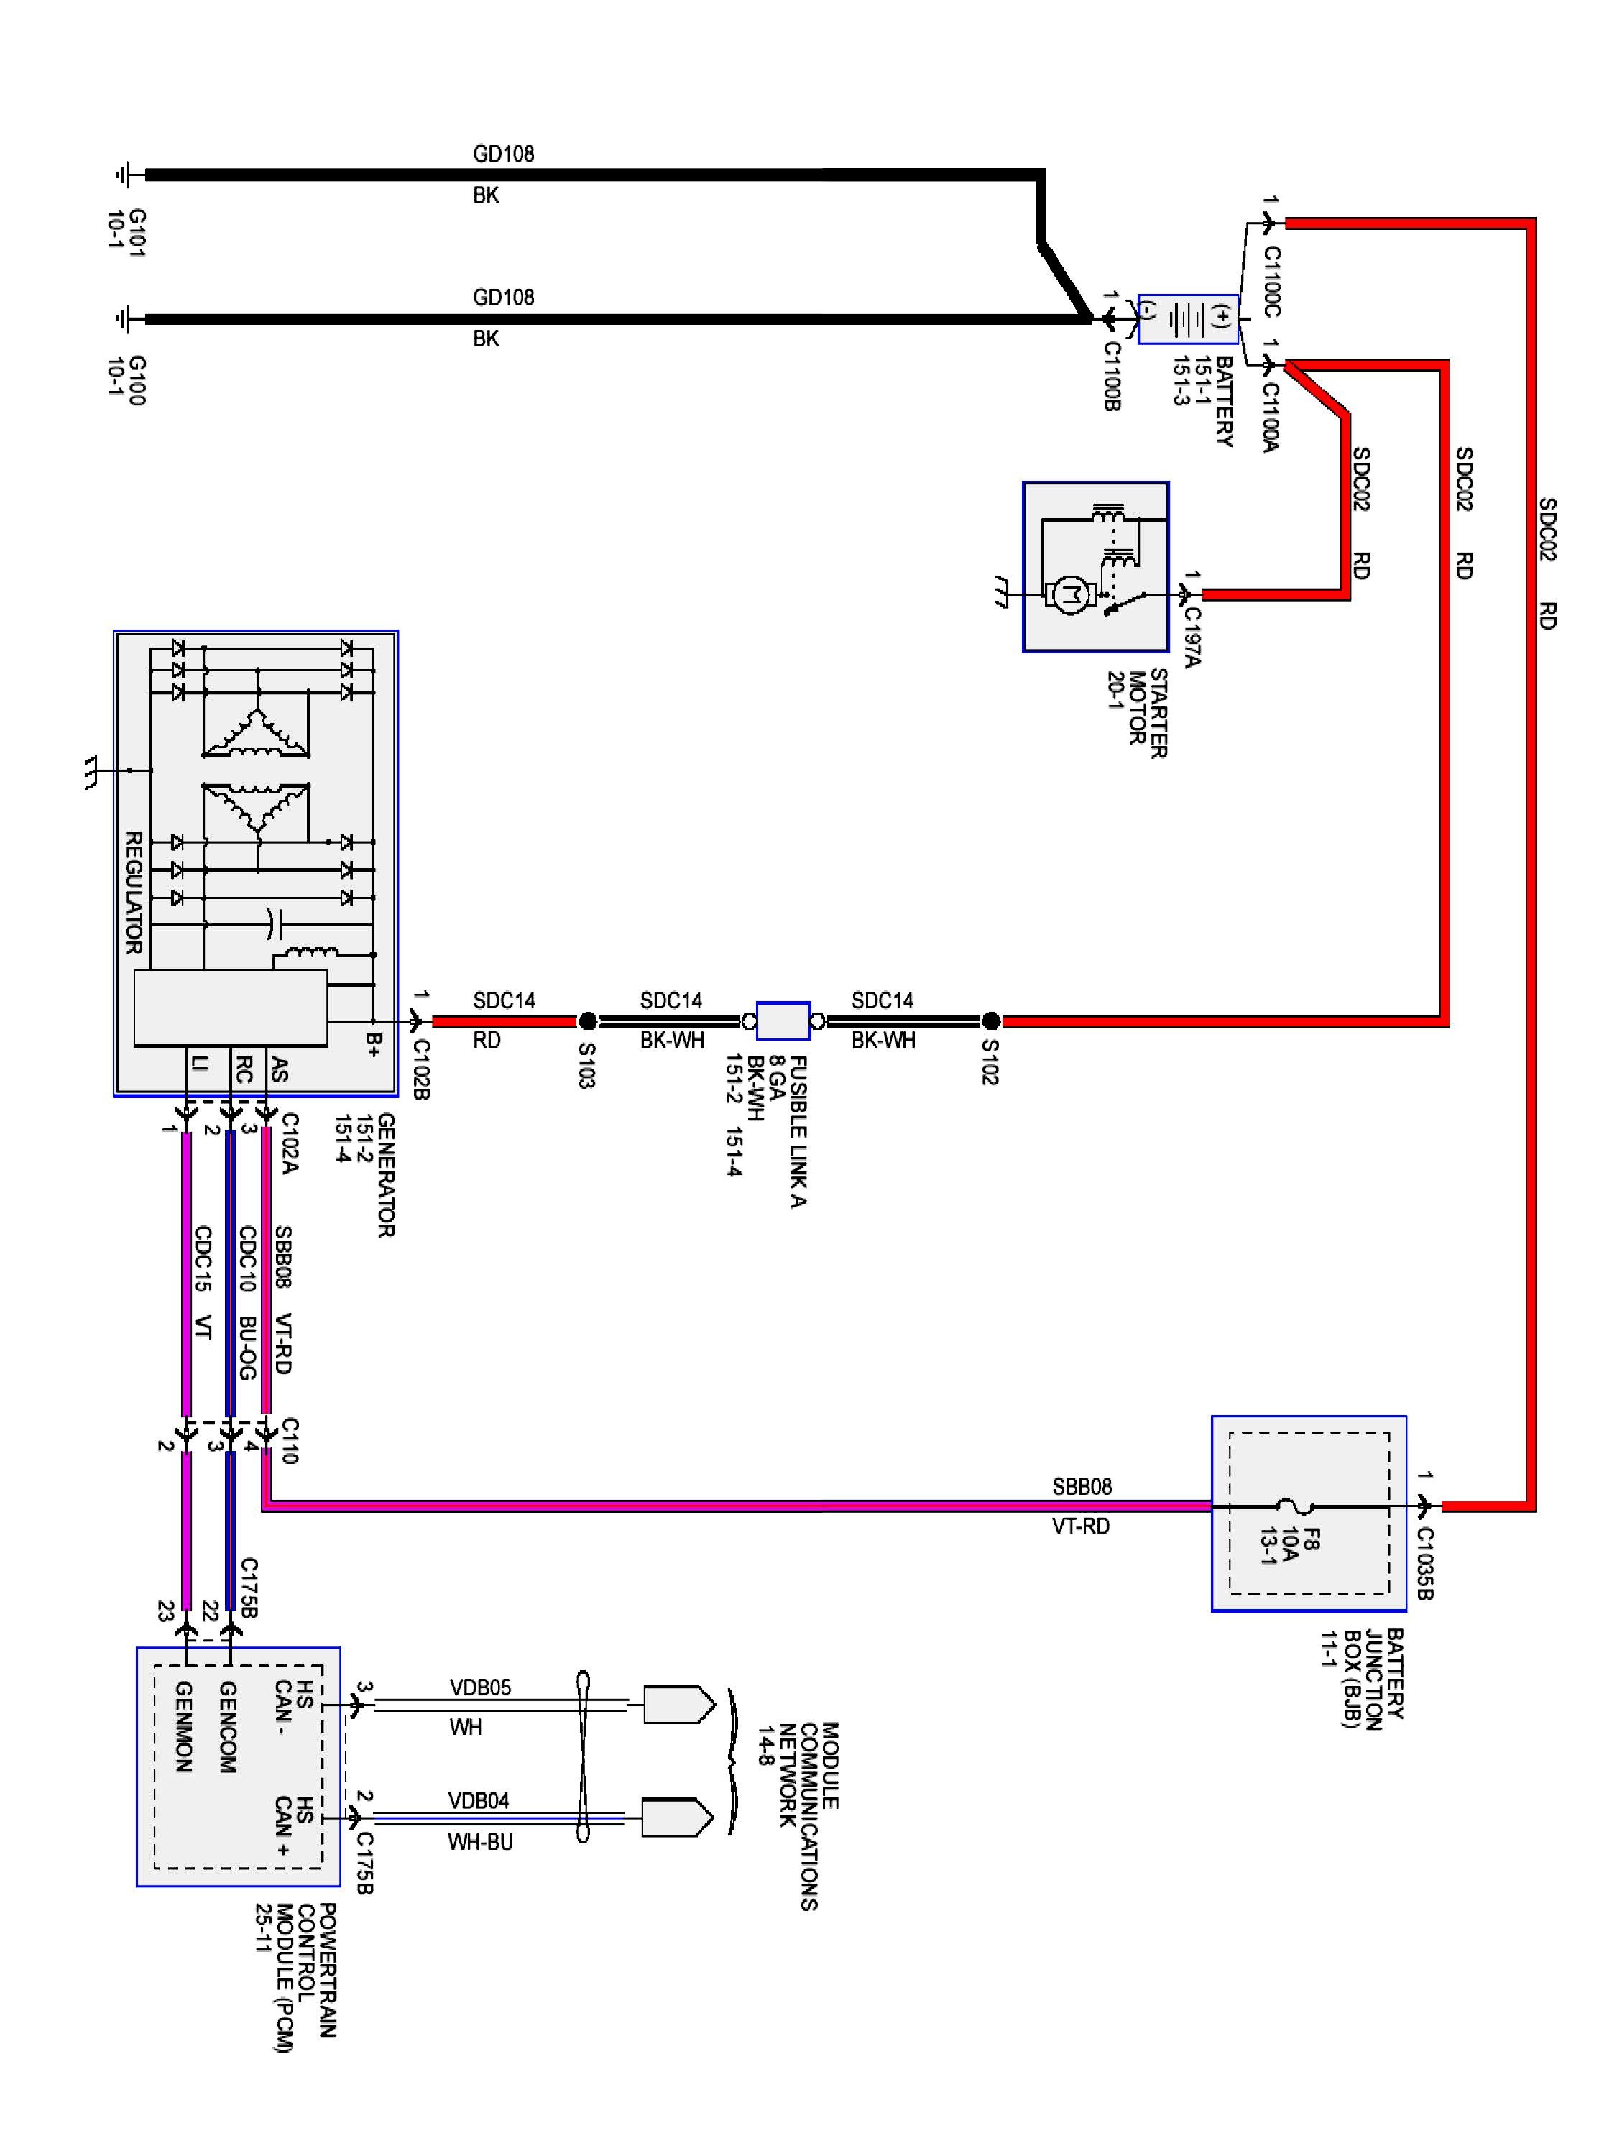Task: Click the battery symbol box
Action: pyautogui.click(x=1188, y=318)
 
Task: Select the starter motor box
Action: pyautogui.click(x=1095, y=566)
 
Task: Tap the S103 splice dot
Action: pyautogui.click(x=588, y=1021)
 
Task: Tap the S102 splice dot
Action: pyautogui.click(x=990, y=1021)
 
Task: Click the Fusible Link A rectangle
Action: pyautogui.click(x=783, y=1021)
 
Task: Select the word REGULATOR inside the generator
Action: pyautogui.click(x=134, y=893)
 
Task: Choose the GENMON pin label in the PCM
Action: pyautogui.click(x=183, y=1726)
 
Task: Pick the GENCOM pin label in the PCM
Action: pyautogui.click(x=227, y=1726)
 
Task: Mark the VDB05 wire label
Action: pyautogui.click(x=479, y=1687)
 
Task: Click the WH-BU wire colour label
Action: pyautogui.click(x=479, y=1842)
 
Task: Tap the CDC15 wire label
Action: pyautogui.click(x=202, y=1258)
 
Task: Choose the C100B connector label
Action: pyautogui.click(x=1111, y=375)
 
